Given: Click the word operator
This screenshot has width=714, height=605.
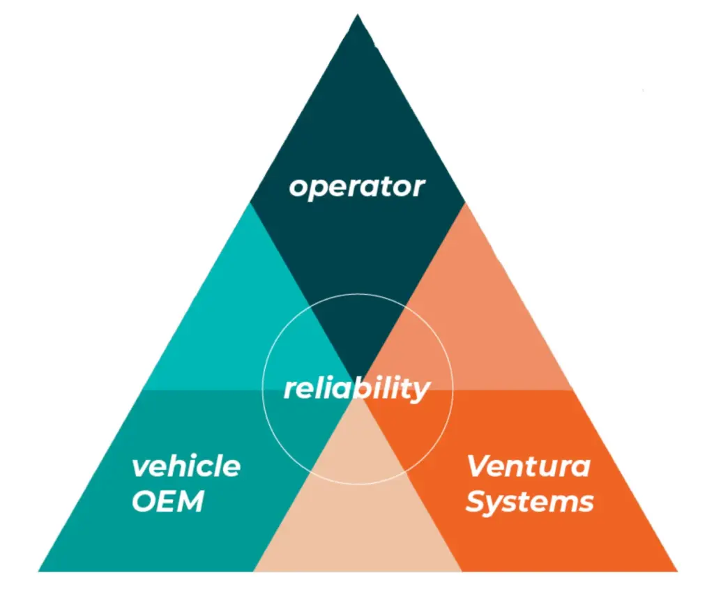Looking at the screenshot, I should click(356, 187).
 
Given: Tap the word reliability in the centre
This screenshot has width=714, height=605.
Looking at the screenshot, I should click(356, 388).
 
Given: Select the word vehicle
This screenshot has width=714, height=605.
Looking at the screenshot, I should click(186, 466).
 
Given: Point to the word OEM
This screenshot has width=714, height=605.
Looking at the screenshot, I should click(168, 501).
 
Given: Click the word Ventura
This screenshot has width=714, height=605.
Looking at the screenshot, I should click(529, 466).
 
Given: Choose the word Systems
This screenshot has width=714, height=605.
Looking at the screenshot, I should click(530, 501).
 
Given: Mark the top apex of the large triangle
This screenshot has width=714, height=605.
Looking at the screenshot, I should click(358, 15).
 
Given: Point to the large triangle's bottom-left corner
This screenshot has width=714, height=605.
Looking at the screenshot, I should click(39, 571).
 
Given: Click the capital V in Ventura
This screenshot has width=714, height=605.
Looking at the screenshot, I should click(478, 465).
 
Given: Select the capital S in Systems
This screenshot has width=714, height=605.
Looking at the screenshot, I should click(476, 501).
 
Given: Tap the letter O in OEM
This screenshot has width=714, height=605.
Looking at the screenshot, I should click(143, 501).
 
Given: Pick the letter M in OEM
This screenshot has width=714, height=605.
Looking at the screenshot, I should click(191, 501).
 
